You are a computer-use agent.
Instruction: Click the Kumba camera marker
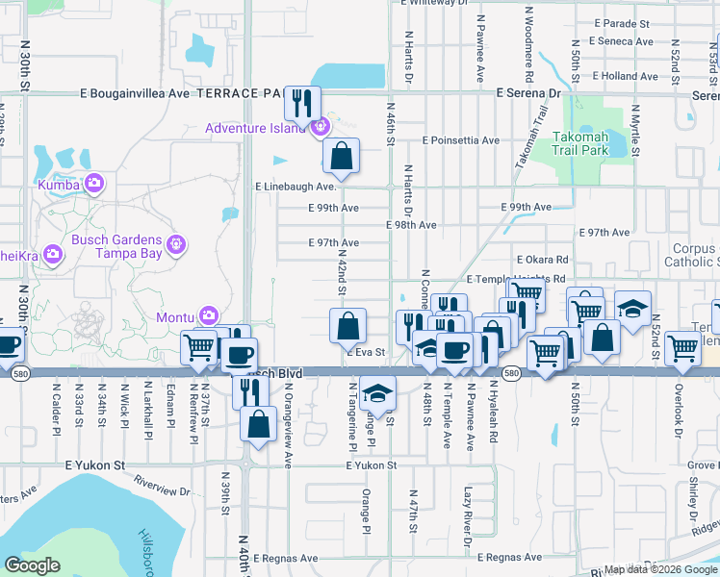pyautogui.click(x=94, y=183)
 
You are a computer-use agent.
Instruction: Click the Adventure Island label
pyautogui.click(x=260, y=128)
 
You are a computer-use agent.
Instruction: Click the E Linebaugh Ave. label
pyautogui.click(x=294, y=188)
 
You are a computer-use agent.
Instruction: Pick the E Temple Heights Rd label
pyautogui.click(x=515, y=279)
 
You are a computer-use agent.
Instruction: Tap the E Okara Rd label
pyautogui.click(x=542, y=260)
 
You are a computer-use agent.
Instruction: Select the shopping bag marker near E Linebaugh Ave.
pyautogui.click(x=341, y=154)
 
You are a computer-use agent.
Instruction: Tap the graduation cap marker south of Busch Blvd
pyautogui.click(x=379, y=392)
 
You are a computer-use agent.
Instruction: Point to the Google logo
pyautogui.click(x=33, y=565)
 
